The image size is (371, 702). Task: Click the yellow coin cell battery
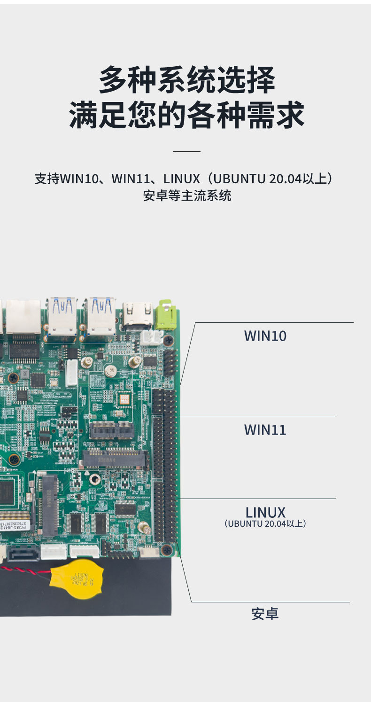click(x=77, y=580)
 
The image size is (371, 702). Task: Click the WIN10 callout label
click(x=265, y=336)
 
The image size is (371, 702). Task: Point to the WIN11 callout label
click(x=265, y=430)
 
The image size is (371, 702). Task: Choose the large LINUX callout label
click(x=265, y=512)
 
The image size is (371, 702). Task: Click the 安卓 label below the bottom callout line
click(x=265, y=614)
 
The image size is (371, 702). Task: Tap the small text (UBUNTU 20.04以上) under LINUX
click(x=265, y=523)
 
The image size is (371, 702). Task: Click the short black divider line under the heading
click(x=186, y=152)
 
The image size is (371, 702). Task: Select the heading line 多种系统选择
click(x=186, y=80)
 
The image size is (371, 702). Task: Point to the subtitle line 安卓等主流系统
click(x=186, y=196)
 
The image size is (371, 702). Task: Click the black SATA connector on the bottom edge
click(x=23, y=553)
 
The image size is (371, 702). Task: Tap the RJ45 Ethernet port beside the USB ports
click(x=23, y=316)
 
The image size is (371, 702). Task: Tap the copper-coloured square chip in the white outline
click(x=124, y=399)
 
